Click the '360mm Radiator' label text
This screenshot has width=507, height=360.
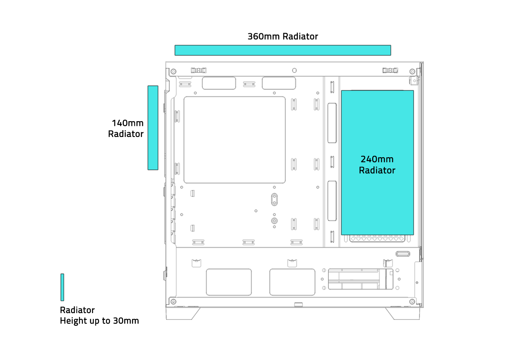[283, 37]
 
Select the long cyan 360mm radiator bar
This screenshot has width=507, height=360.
[283, 50]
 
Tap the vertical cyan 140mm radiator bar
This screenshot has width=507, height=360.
[153, 128]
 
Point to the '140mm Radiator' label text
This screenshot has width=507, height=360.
[126, 128]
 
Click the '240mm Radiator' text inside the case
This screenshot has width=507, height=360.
[377, 165]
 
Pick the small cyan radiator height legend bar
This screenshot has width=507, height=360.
[62, 287]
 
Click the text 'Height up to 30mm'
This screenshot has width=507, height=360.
[99, 321]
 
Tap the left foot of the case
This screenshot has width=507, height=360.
[183, 313]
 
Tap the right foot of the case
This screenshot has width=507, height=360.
[402, 313]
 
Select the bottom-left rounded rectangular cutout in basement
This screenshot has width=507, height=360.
[229, 282]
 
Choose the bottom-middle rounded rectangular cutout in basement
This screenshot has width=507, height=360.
[292, 282]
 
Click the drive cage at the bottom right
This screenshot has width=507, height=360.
[359, 279]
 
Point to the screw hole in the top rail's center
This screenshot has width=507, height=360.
[294, 70]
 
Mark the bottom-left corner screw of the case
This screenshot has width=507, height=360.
[173, 301]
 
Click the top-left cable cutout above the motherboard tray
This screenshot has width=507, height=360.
[219, 83]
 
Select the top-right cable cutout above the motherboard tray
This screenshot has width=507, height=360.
[278, 83]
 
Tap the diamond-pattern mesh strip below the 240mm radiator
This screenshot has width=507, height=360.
[377, 238]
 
